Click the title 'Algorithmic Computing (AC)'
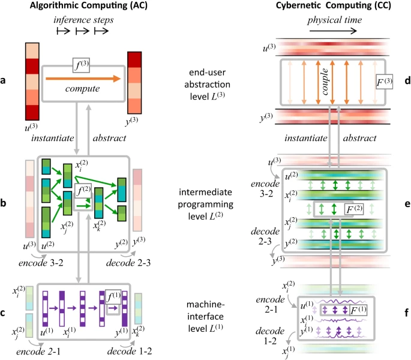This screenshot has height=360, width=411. coord(89,5)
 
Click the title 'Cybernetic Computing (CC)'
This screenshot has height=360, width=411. coord(334,5)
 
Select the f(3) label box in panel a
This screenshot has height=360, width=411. coord(81,65)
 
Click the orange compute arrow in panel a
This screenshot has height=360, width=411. coord(83,79)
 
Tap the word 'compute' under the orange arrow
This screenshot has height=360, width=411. coord(83,89)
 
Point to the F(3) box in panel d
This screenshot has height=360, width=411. coord(384,82)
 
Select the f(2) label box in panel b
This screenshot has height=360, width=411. coord(83,191)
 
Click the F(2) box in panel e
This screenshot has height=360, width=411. coord(355,209)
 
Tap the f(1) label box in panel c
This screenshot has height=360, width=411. coord(113,297)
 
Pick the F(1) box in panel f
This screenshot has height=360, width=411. coord(358,310)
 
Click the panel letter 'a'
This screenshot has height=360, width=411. coord(3,80)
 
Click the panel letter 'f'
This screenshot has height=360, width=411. coord(407,313)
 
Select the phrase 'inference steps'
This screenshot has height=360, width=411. coord(83,20)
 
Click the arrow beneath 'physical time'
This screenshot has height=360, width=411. coord(333,31)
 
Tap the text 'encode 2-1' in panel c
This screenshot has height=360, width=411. coord(38,352)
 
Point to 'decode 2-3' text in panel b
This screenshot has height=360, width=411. coord(128,263)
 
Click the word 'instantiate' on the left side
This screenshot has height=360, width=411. coord(53,138)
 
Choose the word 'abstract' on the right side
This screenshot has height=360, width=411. coord(359,138)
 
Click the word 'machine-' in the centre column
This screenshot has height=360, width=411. coord(205,305)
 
